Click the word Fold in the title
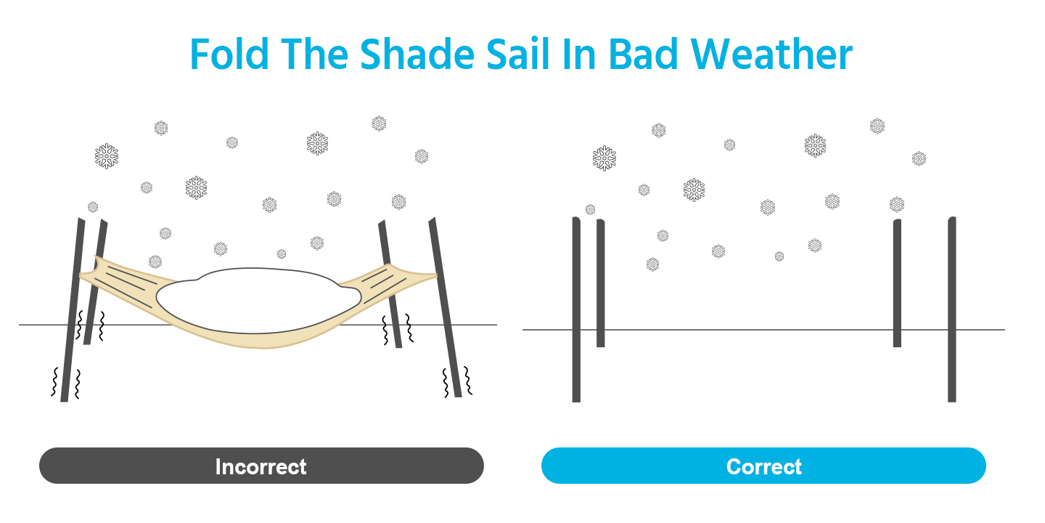(x=229, y=54)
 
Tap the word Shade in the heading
(x=417, y=54)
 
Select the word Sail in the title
(x=518, y=54)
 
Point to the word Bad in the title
(x=643, y=54)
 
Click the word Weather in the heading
(x=771, y=54)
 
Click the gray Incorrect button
(x=261, y=466)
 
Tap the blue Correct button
(x=763, y=466)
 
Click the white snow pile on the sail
(x=258, y=300)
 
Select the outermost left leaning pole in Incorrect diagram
(x=73, y=309)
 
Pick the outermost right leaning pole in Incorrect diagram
(x=445, y=307)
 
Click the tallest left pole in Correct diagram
(x=577, y=309)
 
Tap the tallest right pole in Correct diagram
(x=951, y=309)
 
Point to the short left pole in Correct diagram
(x=600, y=283)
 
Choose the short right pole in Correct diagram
(x=897, y=283)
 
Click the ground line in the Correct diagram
(x=763, y=330)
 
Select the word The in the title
(x=314, y=54)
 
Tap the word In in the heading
(x=579, y=54)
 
